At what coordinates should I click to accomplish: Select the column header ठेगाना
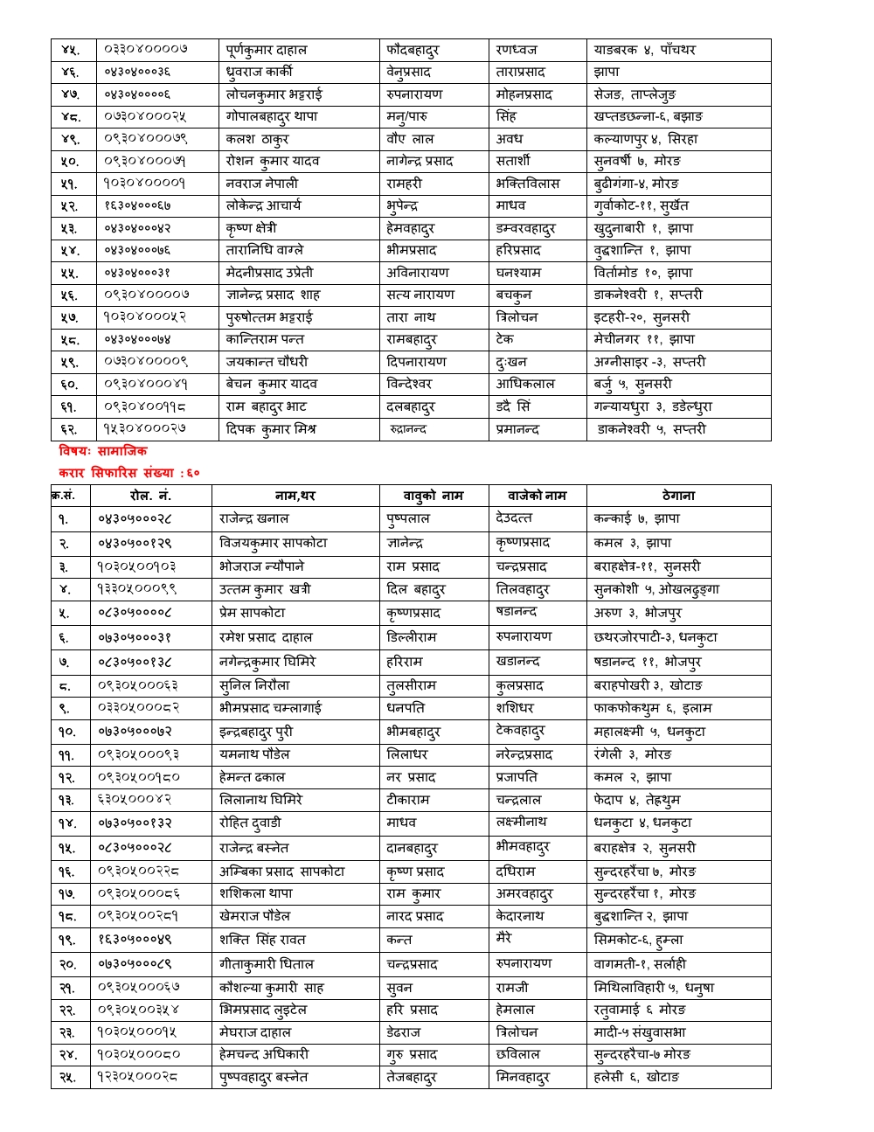pyautogui.click(x=678, y=496)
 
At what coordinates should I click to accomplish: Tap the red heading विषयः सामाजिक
pyautogui.click(x=103, y=451)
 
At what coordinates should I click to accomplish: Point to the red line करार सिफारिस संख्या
pyautogui.click(x=128, y=473)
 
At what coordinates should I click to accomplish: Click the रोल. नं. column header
pyautogui.click(x=150, y=496)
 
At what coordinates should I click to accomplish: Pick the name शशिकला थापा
pyautogui.click(x=255, y=893)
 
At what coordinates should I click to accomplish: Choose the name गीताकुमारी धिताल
pyautogui.click(x=266, y=963)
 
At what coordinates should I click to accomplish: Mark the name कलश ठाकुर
pyautogui.click(x=257, y=138)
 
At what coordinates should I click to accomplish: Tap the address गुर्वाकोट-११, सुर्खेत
pyautogui.click(x=641, y=205)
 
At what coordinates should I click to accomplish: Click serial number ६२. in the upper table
pyautogui.click(x=69, y=429)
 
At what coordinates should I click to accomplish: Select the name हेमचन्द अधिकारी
pyautogui.click(x=263, y=1054)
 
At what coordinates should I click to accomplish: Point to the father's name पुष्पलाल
pyautogui.click(x=407, y=518)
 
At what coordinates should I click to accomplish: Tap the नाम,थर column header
pyautogui.click(x=295, y=496)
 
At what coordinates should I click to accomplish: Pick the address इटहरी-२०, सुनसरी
pyautogui.click(x=641, y=317)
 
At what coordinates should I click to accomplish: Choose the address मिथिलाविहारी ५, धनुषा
pyautogui.click(x=653, y=988)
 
